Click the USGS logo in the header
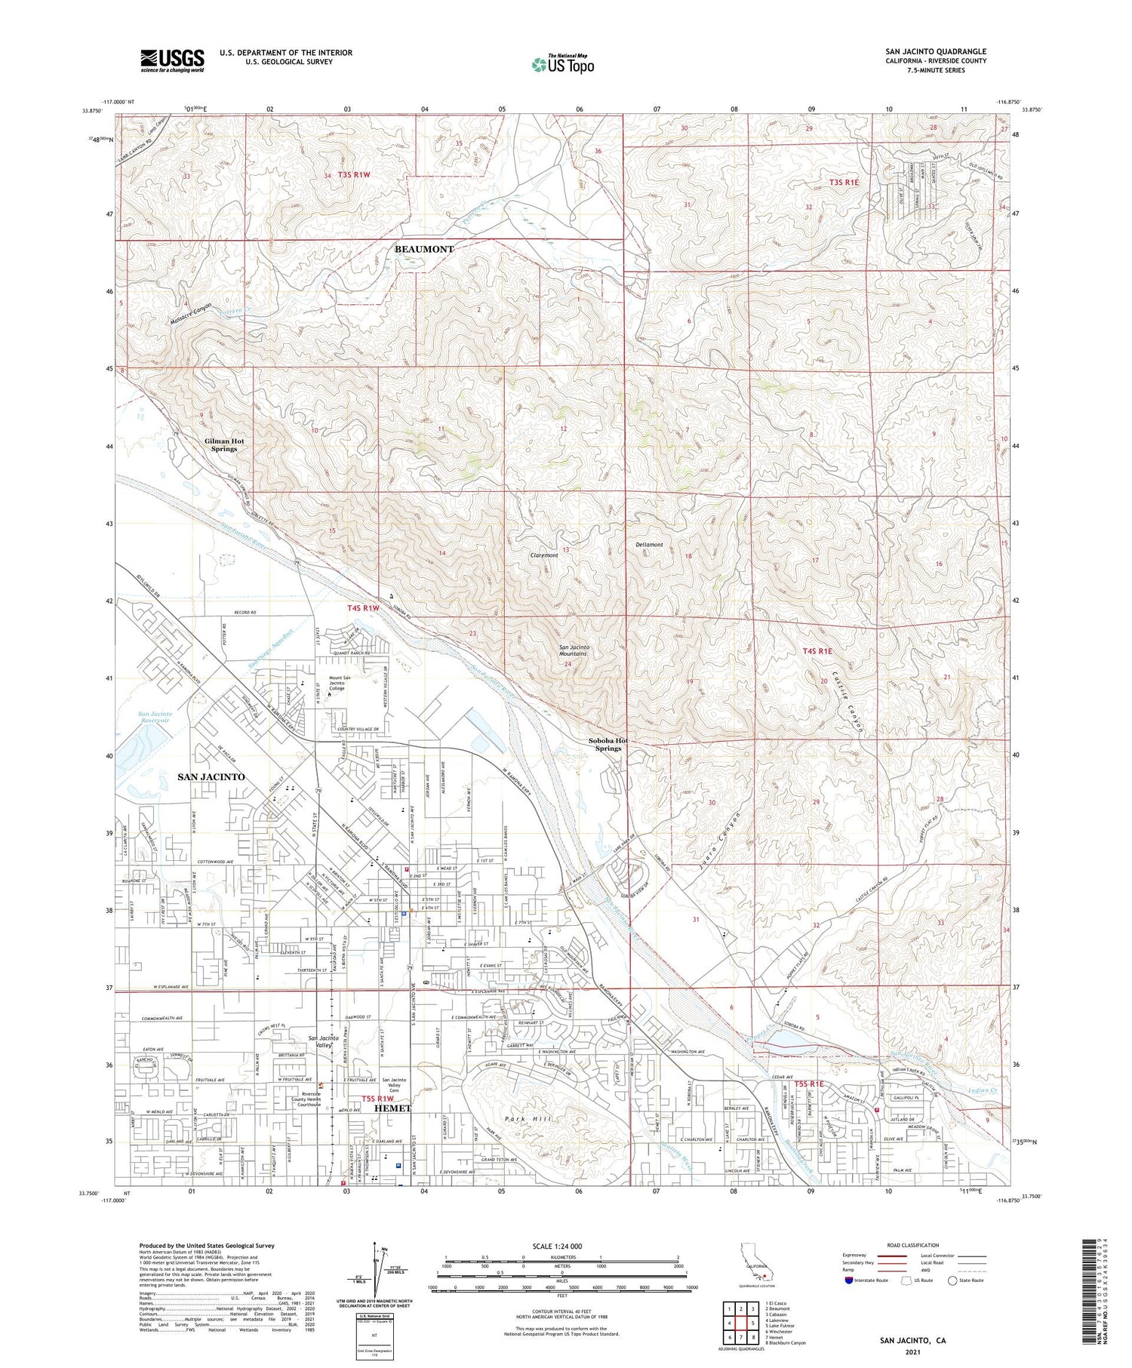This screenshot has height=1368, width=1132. (x=172, y=60)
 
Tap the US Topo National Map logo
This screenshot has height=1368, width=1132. (x=562, y=64)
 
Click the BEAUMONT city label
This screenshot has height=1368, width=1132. (x=425, y=249)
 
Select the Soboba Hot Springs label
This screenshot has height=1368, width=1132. (x=608, y=744)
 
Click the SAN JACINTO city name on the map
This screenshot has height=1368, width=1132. (x=211, y=776)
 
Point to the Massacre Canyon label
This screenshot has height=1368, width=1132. (x=191, y=313)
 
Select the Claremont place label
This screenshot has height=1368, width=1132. (x=544, y=555)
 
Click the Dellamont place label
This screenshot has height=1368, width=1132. (x=649, y=544)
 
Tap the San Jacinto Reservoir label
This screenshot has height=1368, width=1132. (x=155, y=717)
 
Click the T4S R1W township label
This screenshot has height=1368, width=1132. (x=363, y=607)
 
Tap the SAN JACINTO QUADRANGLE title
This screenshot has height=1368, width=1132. (x=936, y=51)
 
